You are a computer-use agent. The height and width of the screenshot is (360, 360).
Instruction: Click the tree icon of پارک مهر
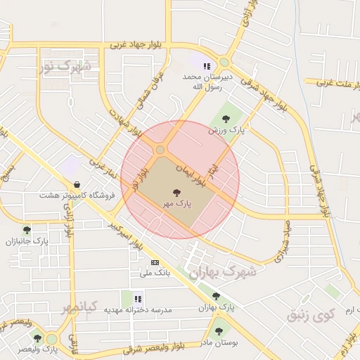[175, 191]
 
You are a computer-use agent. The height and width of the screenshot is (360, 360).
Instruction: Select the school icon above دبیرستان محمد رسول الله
[207, 66]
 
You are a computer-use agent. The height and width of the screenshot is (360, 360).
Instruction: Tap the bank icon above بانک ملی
[155, 262]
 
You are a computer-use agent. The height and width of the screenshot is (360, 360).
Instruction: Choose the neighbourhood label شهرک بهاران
[217, 270]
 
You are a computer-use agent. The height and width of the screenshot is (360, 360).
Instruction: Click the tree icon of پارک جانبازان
[27, 230]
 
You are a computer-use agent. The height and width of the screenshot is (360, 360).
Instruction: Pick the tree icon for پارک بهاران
[216, 296]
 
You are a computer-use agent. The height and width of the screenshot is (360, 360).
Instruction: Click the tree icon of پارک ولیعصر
[37, 338]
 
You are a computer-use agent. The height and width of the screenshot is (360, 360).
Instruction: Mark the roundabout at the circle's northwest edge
[160, 149]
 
